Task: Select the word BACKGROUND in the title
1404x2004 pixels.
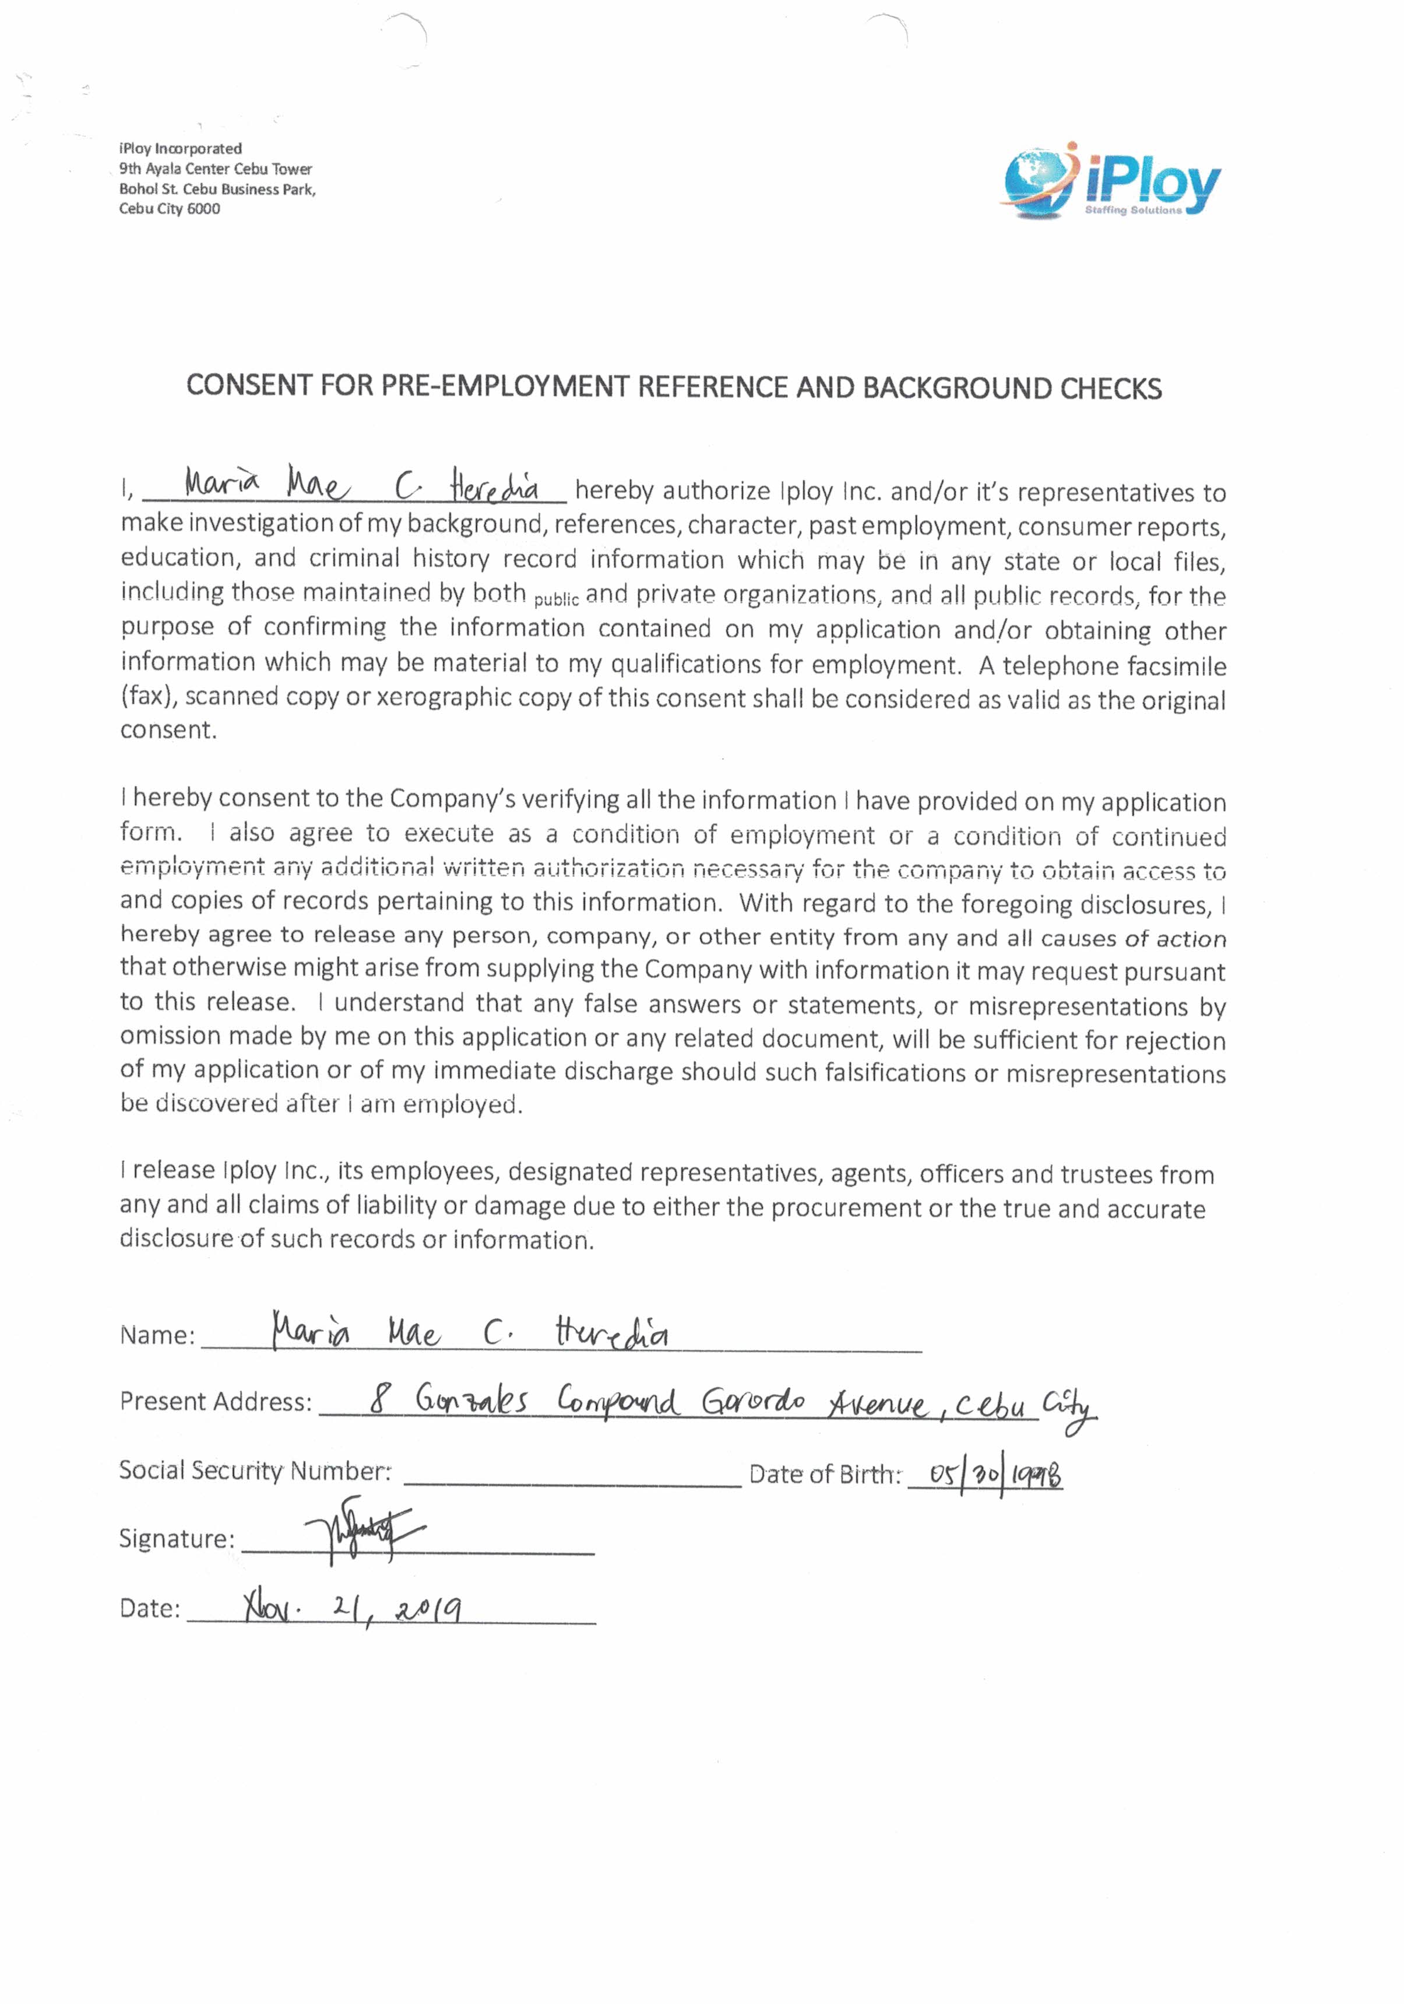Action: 956,388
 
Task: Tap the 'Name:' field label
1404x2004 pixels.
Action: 157,1335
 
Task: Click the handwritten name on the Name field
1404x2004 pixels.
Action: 469,1333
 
